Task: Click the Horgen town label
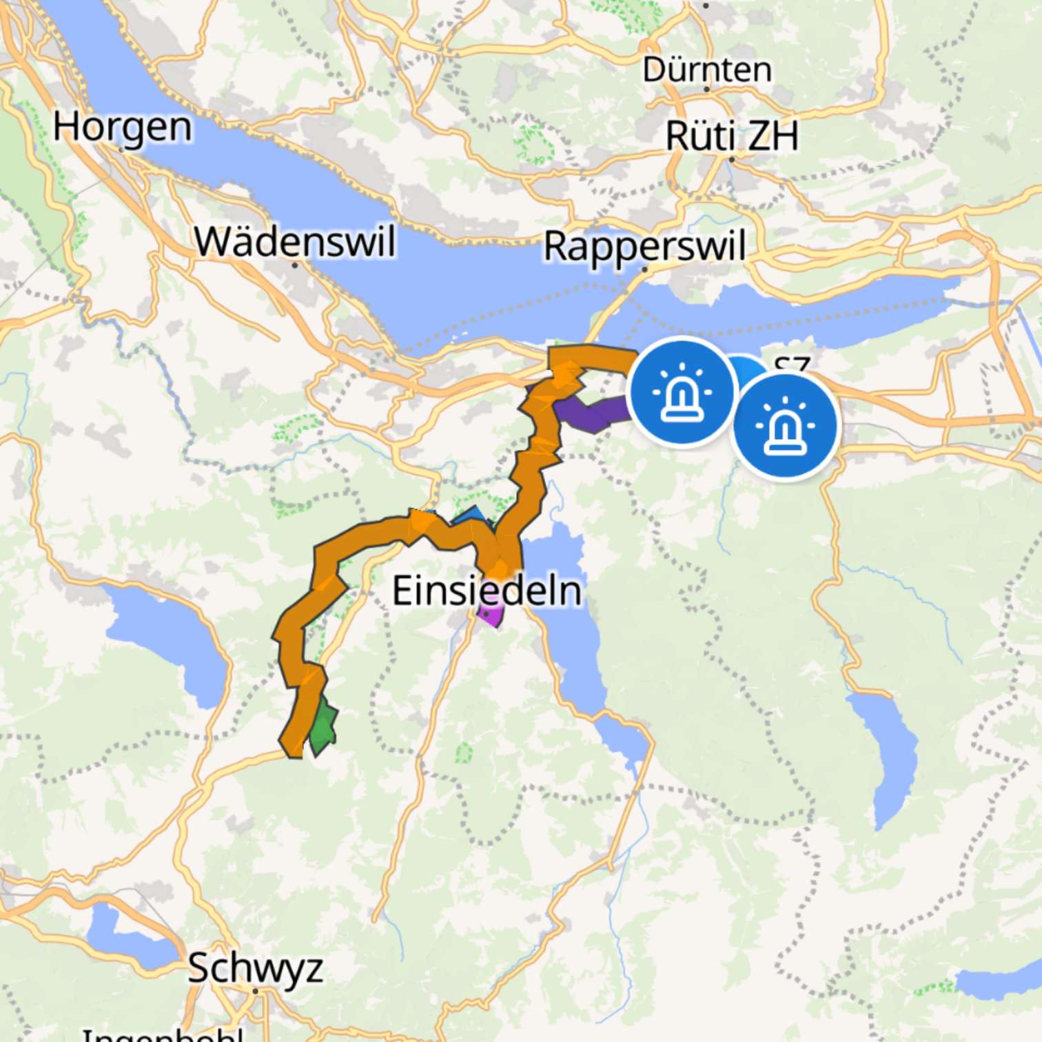tap(123, 128)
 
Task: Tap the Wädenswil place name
tap(295, 242)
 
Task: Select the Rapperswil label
tap(644, 247)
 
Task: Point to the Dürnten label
tap(707, 70)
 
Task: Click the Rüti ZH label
tap(732, 136)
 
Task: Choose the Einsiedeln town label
tap(487, 591)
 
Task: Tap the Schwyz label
tap(255, 968)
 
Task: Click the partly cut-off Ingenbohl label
tap(163, 1034)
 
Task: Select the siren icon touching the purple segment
tap(682, 392)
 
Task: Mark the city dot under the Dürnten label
tap(707, 90)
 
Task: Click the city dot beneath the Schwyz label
tap(255, 991)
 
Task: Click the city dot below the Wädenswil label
tap(295, 265)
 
